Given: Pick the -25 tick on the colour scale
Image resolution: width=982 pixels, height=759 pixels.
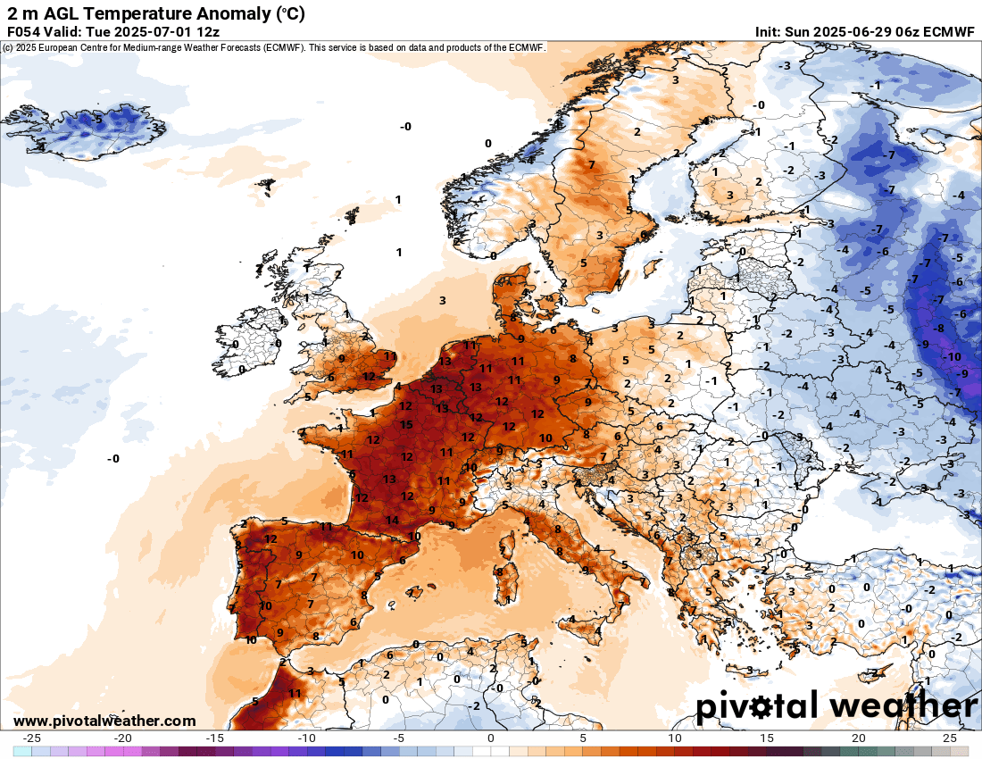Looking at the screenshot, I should (x=31, y=738).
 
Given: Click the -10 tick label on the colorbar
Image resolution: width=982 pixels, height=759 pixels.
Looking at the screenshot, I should (x=307, y=738).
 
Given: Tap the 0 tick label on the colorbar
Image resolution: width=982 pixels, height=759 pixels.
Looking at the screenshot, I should (x=491, y=738).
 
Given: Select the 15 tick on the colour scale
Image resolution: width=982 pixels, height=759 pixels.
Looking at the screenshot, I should (x=766, y=738).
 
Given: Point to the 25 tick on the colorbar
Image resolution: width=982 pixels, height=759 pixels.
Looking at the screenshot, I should (x=950, y=738).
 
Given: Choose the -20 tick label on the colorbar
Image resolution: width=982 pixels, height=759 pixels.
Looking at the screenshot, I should (x=123, y=738).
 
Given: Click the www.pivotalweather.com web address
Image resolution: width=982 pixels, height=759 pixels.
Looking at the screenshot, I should (x=104, y=721).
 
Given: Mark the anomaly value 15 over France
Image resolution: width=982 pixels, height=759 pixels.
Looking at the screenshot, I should (x=406, y=424).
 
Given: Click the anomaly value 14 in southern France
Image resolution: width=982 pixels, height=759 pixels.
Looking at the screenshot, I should (x=392, y=520).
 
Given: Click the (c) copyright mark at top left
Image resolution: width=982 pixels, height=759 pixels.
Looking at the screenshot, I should (x=7, y=46).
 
